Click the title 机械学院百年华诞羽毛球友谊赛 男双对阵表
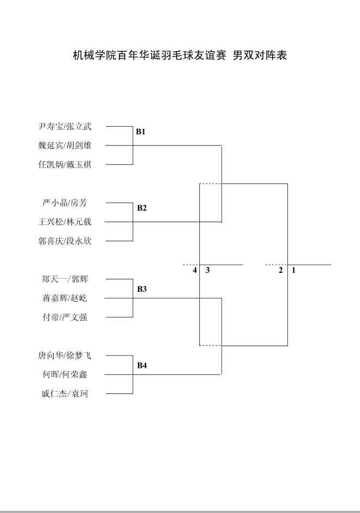(x=180, y=55)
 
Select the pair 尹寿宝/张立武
(x=65, y=127)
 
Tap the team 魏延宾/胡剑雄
(x=65, y=146)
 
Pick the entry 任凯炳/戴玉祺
(x=65, y=165)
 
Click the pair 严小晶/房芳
(x=65, y=203)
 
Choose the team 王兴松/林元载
(x=65, y=222)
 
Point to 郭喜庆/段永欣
(x=65, y=241)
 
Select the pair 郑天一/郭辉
(x=65, y=279)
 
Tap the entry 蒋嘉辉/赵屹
(x=65, y=298)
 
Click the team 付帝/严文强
(x=65, y=317)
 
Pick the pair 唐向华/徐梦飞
(x=65, y=356)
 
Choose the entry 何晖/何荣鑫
(x=65, y=375)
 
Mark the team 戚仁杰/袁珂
(x=65, y=394)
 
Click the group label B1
(x=141, y=132)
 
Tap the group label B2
(x=142, y=208)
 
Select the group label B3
(x=142, y=290)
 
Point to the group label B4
(x=142, y=366)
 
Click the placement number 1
(x=294, y=270)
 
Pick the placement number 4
(x=194, y=270)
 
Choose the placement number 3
(x=207, y=270)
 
